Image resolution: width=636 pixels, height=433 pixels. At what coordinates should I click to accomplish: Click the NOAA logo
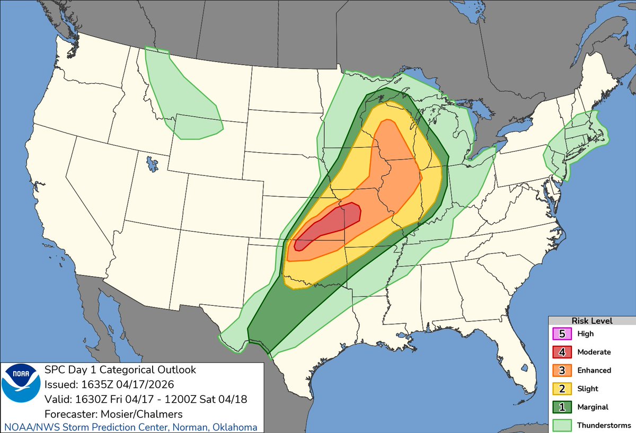21,390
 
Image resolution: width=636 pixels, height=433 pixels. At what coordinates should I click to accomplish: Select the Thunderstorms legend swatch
561,425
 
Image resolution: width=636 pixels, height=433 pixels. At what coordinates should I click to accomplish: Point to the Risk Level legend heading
591,321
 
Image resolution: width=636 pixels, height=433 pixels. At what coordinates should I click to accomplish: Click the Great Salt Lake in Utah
153,163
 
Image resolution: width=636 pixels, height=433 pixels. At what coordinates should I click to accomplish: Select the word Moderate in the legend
594,352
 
